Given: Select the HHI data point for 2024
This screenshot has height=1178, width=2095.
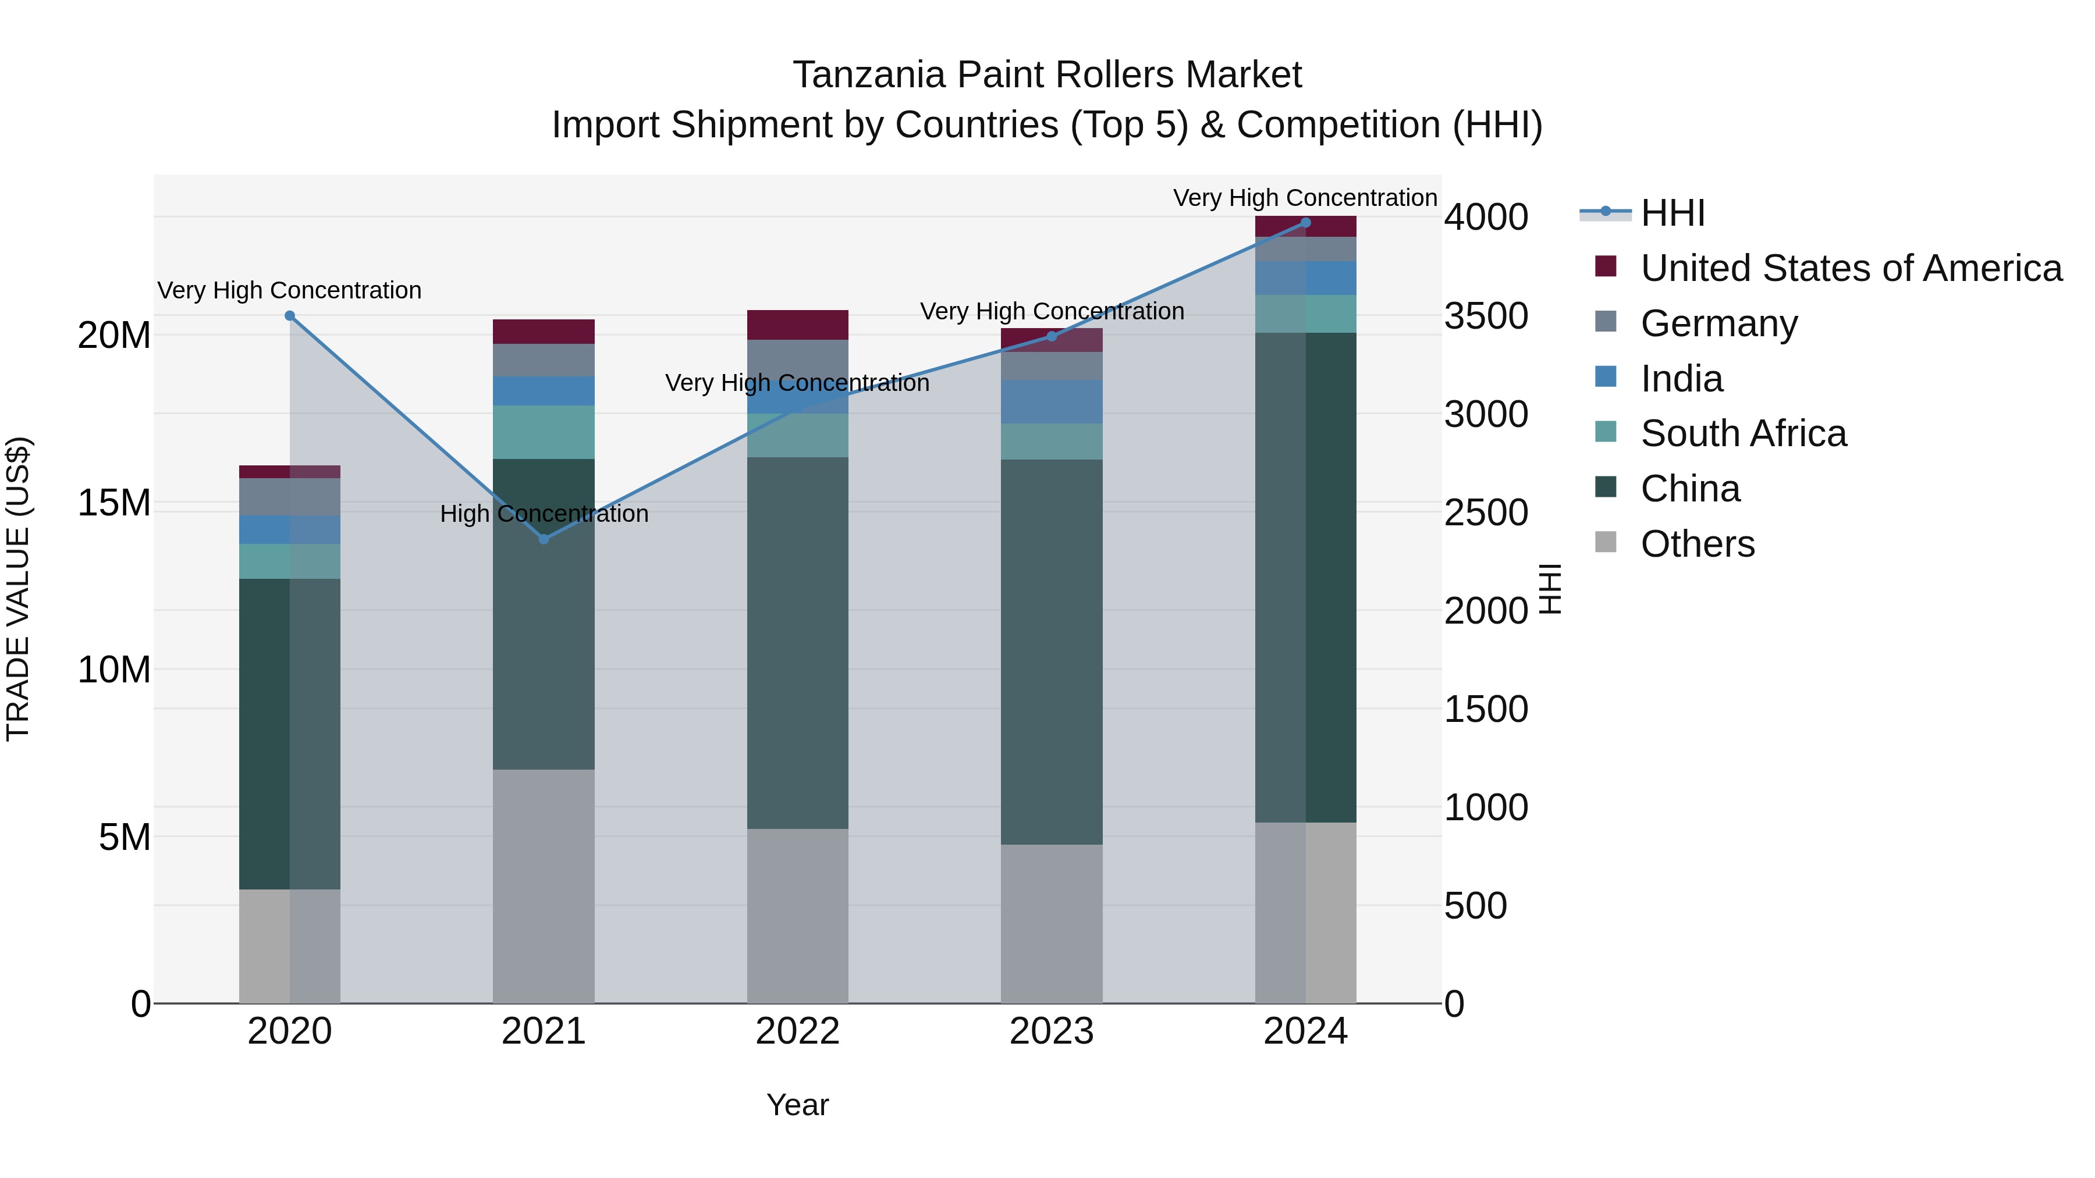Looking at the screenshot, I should tap(1305, 223).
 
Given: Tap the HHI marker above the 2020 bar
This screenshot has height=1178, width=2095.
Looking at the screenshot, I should tap(290, 315).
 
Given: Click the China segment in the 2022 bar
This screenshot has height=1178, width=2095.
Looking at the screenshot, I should tap(797, 642).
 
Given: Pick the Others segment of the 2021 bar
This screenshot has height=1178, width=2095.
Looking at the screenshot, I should tap(544, 886).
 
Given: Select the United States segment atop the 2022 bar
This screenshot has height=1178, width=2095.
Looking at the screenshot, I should tap(797, 325).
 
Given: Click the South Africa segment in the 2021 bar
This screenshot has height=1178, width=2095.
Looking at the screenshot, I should tap(544, 432).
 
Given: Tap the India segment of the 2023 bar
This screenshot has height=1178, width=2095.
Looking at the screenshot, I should tap(1051, 401).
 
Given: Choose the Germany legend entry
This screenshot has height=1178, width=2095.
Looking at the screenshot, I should tap(1718, 323).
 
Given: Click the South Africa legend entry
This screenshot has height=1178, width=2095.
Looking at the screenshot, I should tap(1743, 433).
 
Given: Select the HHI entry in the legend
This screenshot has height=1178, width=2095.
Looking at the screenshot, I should tap(1672, 213).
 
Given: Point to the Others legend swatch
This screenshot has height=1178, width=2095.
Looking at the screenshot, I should tap(1606, 542).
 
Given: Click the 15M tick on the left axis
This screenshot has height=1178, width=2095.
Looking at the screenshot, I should tap(114, 503).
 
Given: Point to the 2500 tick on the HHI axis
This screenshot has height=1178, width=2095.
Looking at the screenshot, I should tap(1486, 513).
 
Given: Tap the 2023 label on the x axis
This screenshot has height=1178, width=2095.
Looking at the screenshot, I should tap(1051, 1031).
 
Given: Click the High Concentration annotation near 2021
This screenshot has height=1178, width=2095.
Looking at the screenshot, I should tap(544, 514).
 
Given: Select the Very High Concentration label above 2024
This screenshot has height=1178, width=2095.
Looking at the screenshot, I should tap(1305, 198).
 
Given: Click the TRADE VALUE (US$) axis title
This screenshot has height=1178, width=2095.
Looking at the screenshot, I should tap(18, 589).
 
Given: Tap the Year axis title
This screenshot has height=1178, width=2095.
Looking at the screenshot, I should tap(797, 1105).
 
